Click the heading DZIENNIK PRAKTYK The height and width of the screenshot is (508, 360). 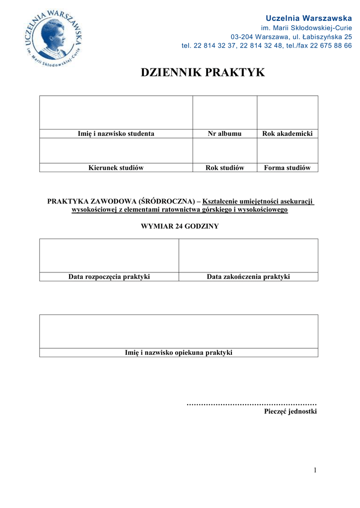pos(203,73)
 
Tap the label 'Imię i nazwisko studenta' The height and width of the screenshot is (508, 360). pos(116,133)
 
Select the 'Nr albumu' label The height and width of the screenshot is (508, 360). pos(224,133)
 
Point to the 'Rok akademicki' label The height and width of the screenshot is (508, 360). pos(287,133)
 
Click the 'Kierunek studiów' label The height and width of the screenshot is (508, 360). pos(116,168)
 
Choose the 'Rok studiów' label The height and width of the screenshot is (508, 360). pos(224,168)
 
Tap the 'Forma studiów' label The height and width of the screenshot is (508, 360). pos(287,168)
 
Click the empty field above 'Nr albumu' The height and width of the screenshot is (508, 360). pos(224,112)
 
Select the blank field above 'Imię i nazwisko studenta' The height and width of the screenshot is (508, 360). pos(116,112)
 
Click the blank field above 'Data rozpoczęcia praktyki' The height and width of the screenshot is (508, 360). pos(109,255)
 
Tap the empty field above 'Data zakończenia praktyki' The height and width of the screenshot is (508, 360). pos(248,255)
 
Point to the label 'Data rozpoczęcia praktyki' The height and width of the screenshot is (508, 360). pos(109,277)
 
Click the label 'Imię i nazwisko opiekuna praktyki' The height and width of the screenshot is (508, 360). pos(178,353)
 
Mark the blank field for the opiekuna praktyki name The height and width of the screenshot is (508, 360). pos(178,331)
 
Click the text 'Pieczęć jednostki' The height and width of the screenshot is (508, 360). pos(290,411)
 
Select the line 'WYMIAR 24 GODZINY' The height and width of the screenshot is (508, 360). pos(180,226)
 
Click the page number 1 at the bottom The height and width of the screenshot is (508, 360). pos(315,470)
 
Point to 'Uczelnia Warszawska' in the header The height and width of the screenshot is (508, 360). pos(309,18)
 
